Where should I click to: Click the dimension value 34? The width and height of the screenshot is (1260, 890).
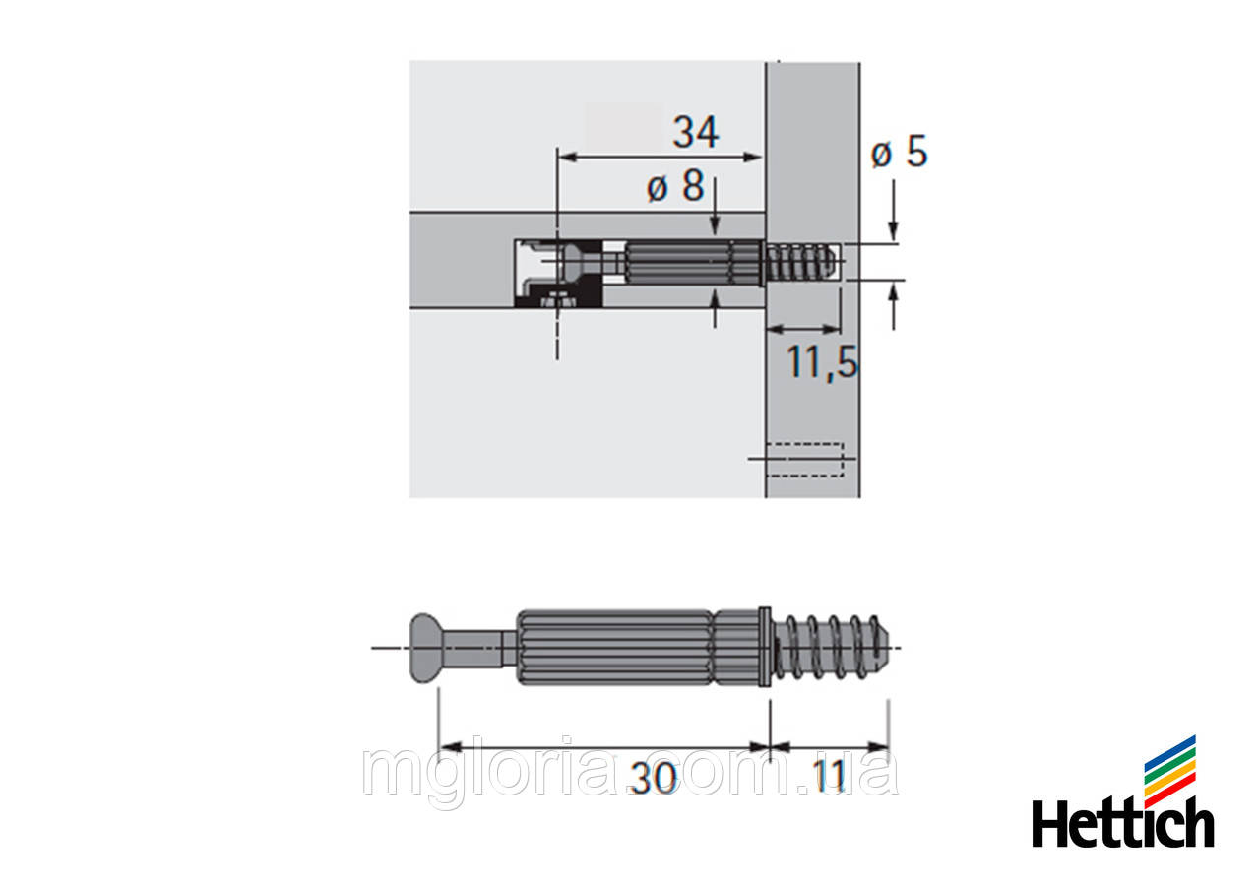click(x=695, y=132)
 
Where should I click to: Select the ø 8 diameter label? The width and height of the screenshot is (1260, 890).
click(x=675, y=186)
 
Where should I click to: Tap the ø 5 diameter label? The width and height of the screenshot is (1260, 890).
click(x=899, y=154)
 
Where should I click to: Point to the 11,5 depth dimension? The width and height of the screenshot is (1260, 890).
click(x=822, y=363)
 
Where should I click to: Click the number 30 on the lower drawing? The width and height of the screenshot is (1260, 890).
click(x=654, y=779)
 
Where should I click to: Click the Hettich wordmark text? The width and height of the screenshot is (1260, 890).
click(x=1122, y=823)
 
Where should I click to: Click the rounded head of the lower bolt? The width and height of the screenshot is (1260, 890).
click(x=423, y=648)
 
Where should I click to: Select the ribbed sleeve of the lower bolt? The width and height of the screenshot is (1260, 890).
click(x=612, y=648)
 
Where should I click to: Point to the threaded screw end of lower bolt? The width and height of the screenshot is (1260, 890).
click(x=837, y=648)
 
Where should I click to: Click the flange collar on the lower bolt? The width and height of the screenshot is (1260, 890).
click(x=765, y=647)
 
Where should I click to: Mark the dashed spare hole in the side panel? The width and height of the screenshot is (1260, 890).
click(x=804, y=459)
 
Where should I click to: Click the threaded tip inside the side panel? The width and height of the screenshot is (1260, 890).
click(x=802, y=264)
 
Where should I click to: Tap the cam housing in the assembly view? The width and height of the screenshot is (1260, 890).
click(x=556, y=273)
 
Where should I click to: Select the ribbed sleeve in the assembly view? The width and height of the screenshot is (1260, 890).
click(x=679, y=265)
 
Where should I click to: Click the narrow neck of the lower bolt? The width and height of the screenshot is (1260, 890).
click(x=478, y=648)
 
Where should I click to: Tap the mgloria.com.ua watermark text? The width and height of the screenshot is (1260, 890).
click(x=630, y=773)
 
